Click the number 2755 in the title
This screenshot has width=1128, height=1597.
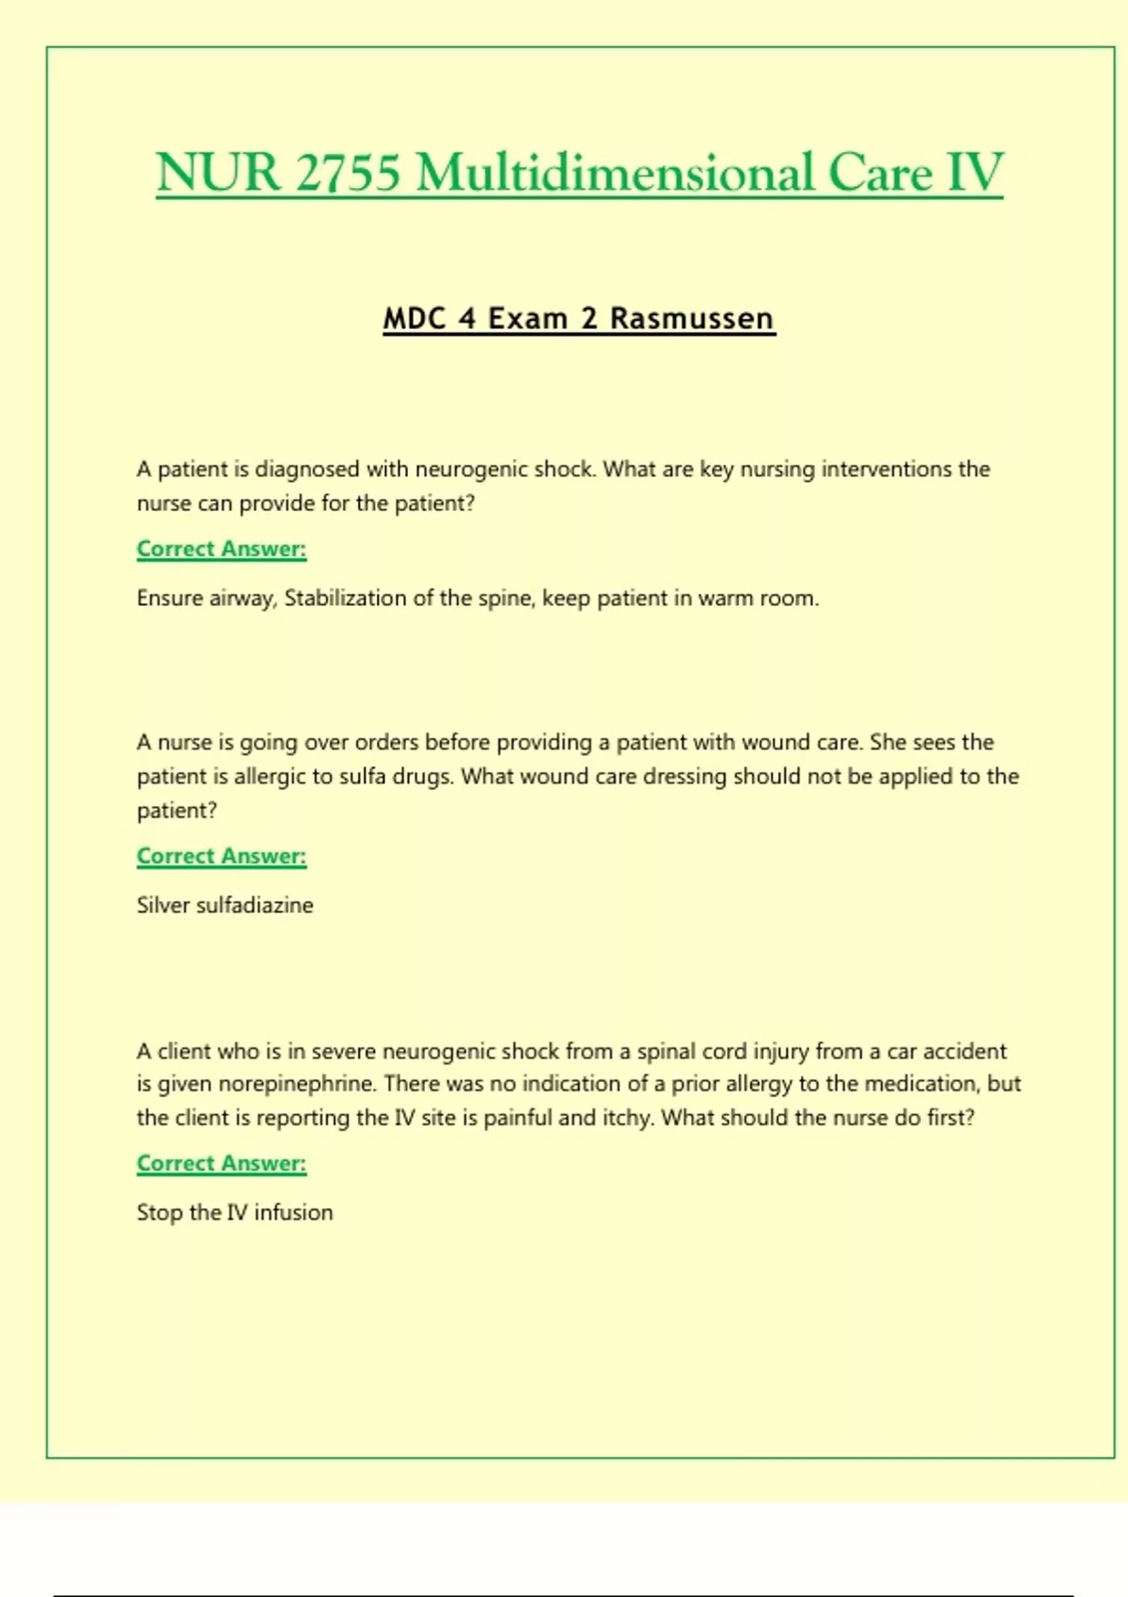coord(348,173)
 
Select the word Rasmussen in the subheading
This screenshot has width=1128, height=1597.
coord(692,318)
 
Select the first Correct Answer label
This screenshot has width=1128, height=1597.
coord(222,549)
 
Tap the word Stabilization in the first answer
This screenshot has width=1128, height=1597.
coord(345,598)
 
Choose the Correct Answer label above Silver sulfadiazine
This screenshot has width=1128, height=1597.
coord(222,856)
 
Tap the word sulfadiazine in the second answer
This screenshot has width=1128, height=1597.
coord(255,906)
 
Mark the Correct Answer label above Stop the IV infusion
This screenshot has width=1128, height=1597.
coord(222,1163)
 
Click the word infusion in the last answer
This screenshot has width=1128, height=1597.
coord(293,1213)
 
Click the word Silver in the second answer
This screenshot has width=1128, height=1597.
coord(163,906)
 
